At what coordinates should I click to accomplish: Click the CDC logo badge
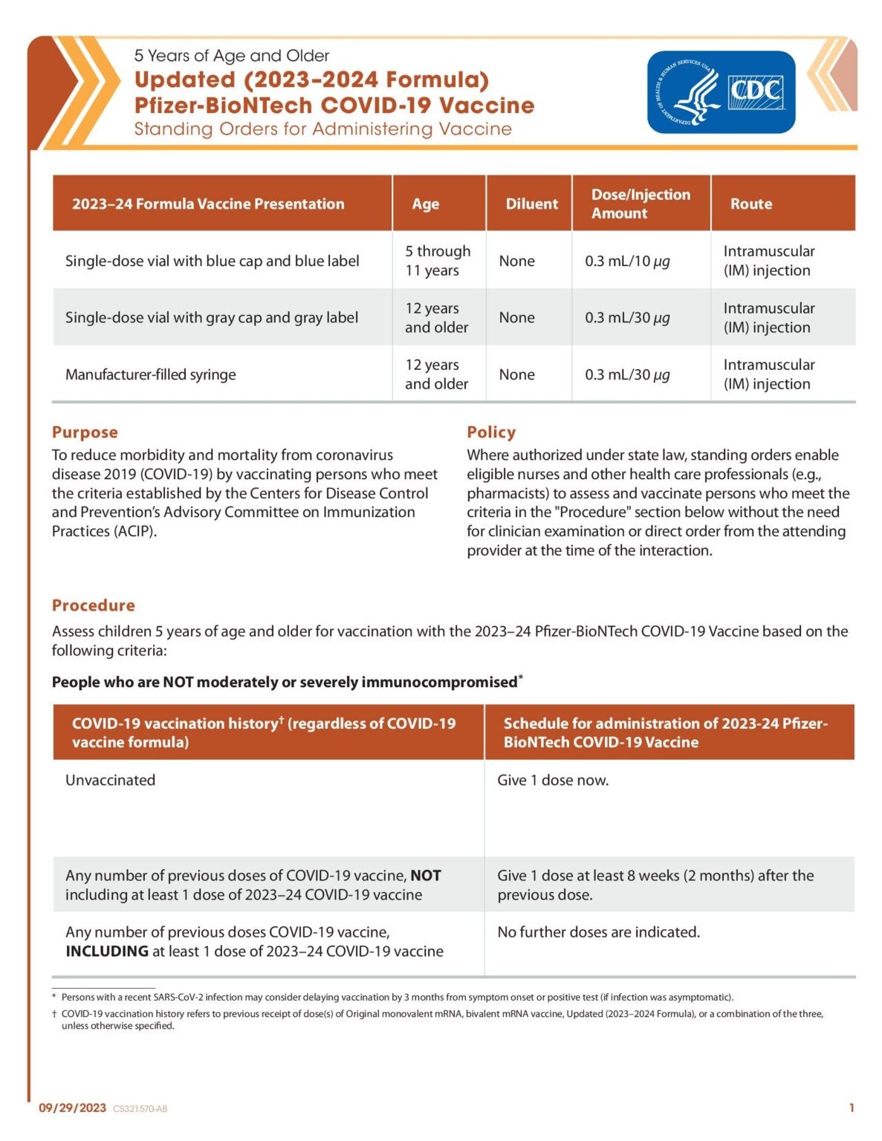(721, 92)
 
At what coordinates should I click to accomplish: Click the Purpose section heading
(85, 432)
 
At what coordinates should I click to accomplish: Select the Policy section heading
(491, 432)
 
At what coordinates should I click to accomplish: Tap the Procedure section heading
(94, 605)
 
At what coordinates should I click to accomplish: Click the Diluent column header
(531, 204)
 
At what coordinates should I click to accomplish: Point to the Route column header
(750, 204)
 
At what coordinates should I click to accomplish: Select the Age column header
(426, 204)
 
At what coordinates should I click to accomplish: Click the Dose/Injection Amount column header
(641, 204)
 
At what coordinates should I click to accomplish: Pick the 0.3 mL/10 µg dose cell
(627, 261)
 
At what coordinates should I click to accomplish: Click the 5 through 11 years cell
(438, 261)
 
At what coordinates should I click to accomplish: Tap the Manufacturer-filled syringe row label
(151, 374)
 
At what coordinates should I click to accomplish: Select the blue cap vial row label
(213, 261)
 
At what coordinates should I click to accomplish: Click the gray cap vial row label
(212, 318)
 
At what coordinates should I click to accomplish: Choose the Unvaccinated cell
(111, 780)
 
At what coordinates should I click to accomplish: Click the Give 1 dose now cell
(553, 780)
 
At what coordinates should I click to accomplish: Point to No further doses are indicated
(599, 932)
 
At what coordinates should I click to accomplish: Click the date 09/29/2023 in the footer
(73, 1108)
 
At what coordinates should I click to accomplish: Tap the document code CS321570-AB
(140, 1109)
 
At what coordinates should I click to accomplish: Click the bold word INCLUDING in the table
(107, 952)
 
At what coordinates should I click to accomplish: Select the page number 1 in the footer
(852, 1108)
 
